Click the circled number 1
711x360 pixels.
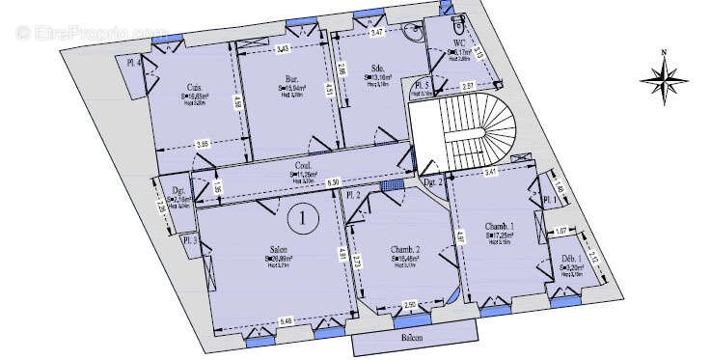[304, 218]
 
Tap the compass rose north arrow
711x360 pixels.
[665, 76]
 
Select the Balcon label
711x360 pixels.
[414, 339]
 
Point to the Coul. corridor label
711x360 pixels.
[302, 166]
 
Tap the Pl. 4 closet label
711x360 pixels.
[134, 63]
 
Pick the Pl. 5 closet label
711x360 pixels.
[422, 85]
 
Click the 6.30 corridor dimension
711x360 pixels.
[333, 181]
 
